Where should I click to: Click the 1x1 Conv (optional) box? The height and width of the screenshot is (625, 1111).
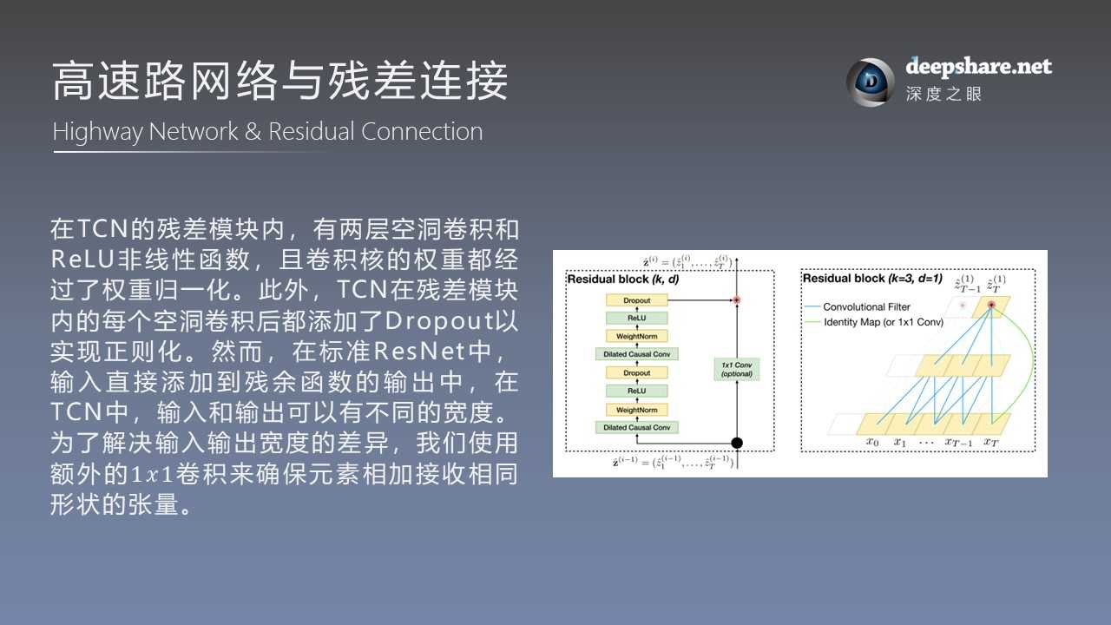click(x=736, y=368)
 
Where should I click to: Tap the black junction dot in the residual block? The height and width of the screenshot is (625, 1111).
click(x=737, y=443)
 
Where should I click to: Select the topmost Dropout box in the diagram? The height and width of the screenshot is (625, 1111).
click(x=636, y=300)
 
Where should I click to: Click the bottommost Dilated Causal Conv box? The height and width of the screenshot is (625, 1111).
click(x=636, y=427)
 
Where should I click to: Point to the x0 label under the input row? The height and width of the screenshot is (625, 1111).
click(x=872, y=442)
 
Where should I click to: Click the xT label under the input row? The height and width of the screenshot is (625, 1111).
click(x=990, y=442)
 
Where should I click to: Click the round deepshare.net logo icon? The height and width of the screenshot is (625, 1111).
click(x=869, y=82)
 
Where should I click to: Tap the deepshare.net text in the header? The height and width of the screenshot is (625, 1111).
click(x=978, y=66)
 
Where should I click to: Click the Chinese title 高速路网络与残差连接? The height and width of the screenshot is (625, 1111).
click(x=280, y=82)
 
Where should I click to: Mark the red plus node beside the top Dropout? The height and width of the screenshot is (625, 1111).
click(x=736, y=300)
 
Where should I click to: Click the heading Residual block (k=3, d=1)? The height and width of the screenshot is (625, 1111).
click(x=872, y=279)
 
